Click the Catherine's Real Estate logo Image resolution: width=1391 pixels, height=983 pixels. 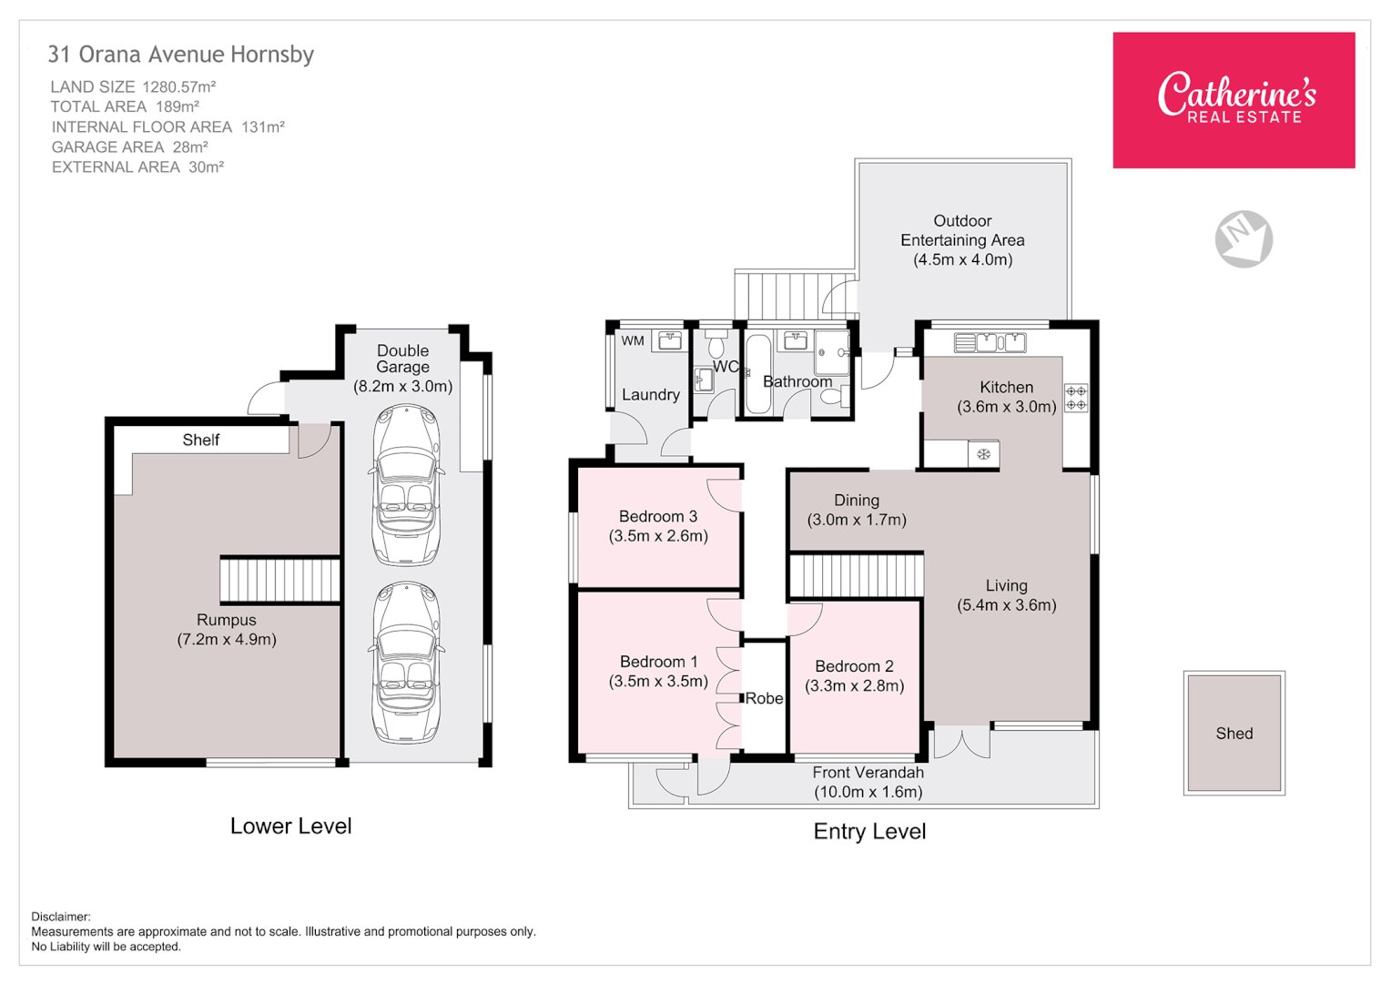pos(1234,99)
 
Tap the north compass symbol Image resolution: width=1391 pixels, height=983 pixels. pos(1244,238)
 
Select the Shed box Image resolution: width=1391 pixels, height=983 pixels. pos(1234,733)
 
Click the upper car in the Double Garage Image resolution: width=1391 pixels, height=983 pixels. pos(406,484)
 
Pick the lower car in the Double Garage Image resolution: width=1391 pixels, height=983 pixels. pos(406,662)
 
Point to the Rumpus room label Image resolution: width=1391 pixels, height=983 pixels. pos(227,620)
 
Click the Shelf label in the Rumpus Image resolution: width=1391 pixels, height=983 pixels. pos(200,440)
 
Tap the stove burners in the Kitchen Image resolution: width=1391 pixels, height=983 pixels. pos(1076,398)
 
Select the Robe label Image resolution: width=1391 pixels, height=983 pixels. pos(764,698)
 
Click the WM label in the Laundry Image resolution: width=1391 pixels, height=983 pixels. pos(633,341)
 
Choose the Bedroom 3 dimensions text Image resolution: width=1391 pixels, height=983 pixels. pos(658,536)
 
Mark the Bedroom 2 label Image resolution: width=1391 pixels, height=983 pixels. pos(854,666)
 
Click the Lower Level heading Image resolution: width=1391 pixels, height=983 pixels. pos(290,826)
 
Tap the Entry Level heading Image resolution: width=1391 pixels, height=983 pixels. pos(869,831)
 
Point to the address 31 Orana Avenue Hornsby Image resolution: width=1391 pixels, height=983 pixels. pos(180,55)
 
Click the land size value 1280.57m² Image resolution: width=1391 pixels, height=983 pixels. pos(179,87)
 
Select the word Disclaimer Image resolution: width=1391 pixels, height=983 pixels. pos(61,917)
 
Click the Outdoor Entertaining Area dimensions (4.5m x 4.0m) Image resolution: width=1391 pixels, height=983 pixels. pos(962,259)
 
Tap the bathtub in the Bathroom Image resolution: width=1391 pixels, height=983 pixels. pos(757,374)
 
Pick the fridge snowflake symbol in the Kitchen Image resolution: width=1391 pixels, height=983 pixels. pos(983,453)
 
